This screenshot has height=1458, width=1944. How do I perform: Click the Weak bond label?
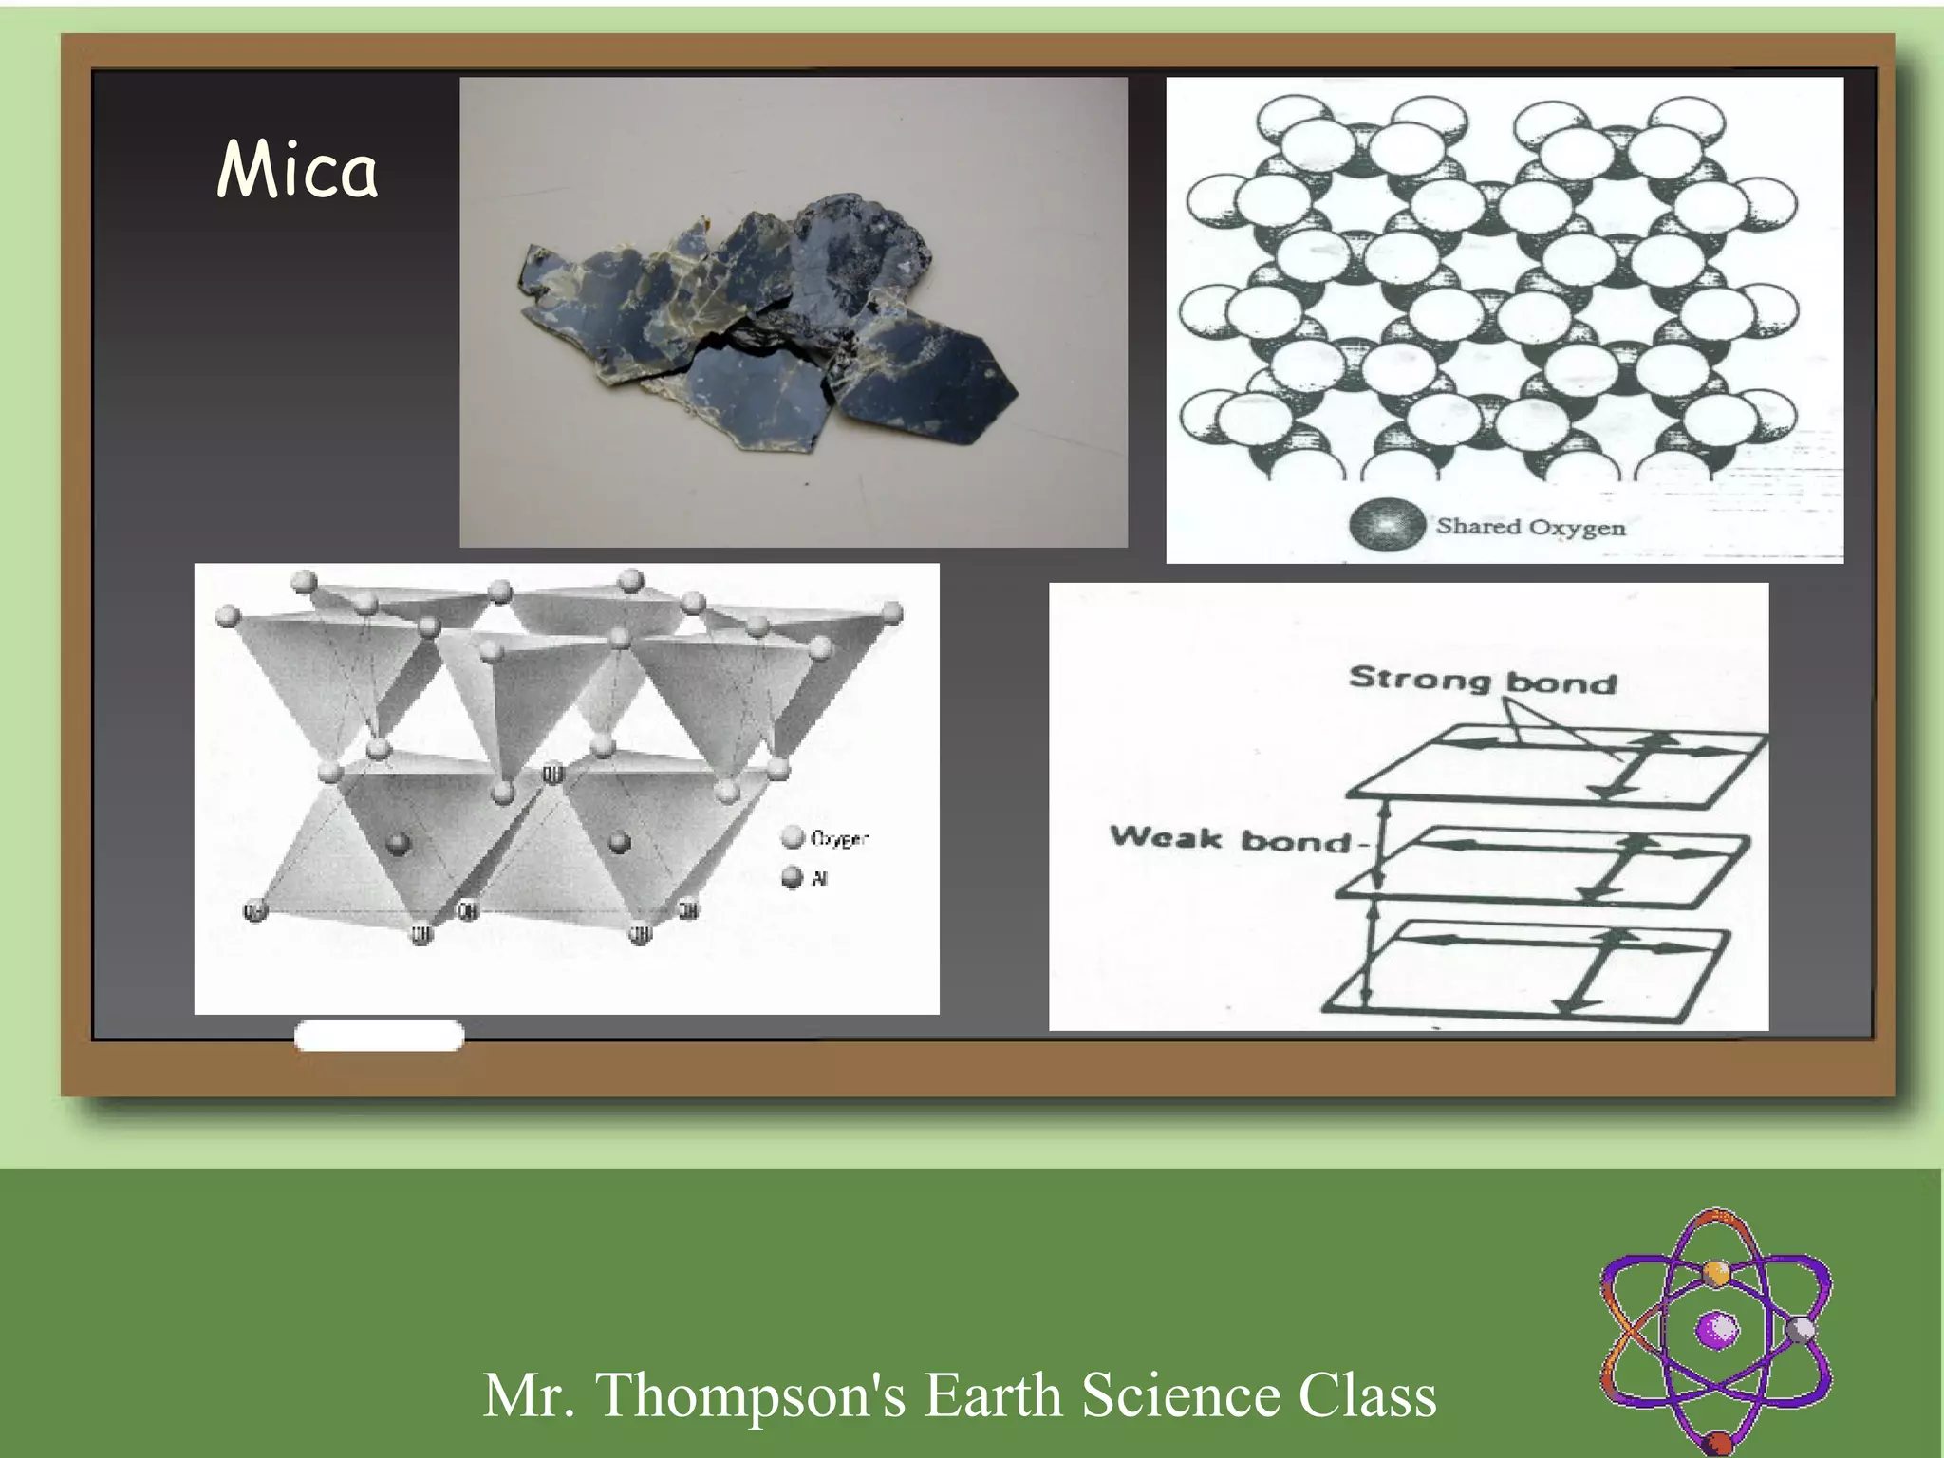click(x=1230, y=838)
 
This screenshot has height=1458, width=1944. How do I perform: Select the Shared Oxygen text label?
click(x=1530, y=526)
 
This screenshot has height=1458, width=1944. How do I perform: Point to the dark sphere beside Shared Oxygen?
click(x=1387, y=526)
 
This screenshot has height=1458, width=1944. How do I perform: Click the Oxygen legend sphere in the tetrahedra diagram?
click(x=792, y=837)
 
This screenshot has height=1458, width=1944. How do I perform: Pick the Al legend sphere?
click(x=792, y=878)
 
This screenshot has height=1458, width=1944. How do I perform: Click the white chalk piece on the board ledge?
click(x=379, y=1036)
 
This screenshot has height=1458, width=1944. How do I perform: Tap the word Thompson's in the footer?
click(x=750, y=1394)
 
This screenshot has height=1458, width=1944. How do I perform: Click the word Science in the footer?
click(x=1182, y=1394)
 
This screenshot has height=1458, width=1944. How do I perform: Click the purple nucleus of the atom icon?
click(x=1717, y=1329)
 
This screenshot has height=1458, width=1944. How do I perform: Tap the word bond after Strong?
click(x=1561, y=682)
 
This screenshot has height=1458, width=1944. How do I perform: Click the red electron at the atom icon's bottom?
click(x=1717, y=1445)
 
